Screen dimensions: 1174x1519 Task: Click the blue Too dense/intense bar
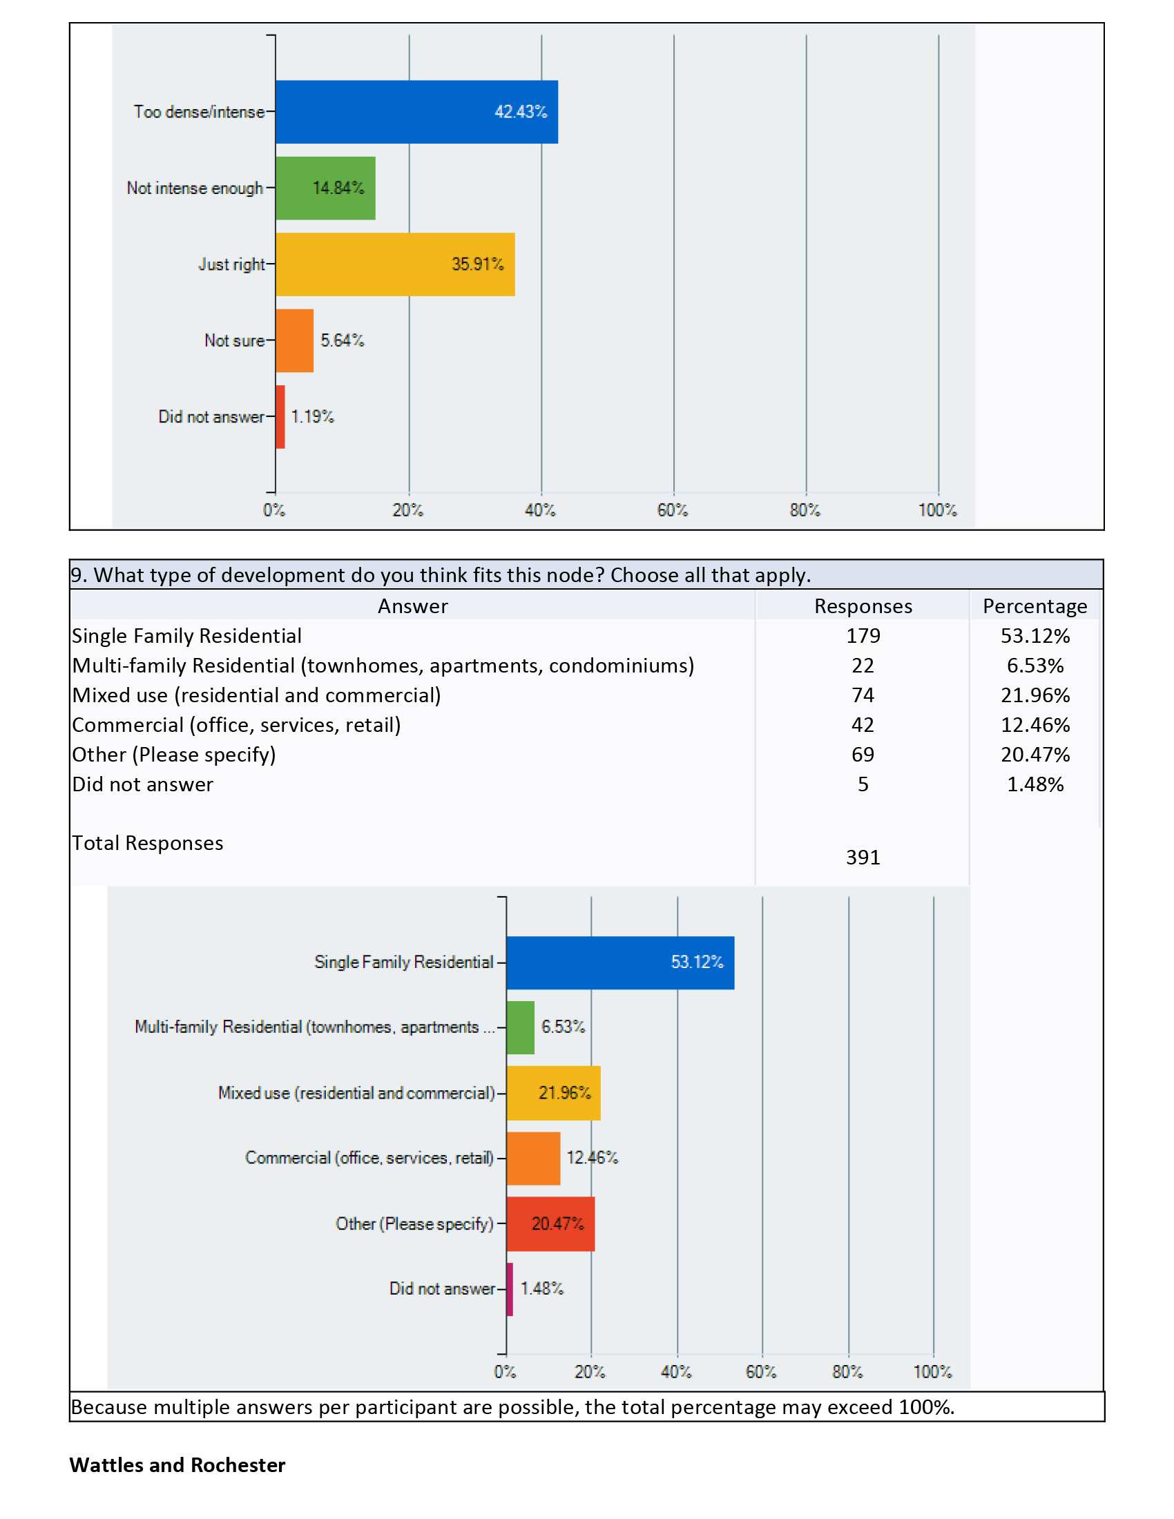[416, 112]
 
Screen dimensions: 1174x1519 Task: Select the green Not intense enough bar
[325, 188]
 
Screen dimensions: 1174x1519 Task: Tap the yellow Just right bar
[395, 264]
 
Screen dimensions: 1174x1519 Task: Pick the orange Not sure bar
[294, 341]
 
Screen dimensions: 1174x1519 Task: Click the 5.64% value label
[342, 340]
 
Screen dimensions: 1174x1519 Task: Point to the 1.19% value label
[312, 416]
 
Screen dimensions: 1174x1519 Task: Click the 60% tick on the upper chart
[673, 510]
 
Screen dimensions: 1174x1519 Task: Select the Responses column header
[863, 606]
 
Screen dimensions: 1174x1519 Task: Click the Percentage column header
[1035, 606]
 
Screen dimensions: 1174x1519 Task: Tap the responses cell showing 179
[863, 636]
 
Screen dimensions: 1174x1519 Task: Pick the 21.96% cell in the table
[1036, 695]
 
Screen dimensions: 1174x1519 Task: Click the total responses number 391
[863, 857]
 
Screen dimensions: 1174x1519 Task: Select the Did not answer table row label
[142, 784]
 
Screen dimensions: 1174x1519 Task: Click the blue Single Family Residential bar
[620, 962]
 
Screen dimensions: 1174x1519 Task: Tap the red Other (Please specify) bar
[551, 1224]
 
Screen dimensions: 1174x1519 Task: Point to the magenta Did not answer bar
[510, 1289]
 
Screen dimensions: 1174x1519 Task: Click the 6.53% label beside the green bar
[564, 1027]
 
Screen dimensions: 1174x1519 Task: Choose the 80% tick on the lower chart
[847, 1371]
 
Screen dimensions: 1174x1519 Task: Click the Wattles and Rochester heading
[177, 1464]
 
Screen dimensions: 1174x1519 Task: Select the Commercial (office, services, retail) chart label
[369, 1158]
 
